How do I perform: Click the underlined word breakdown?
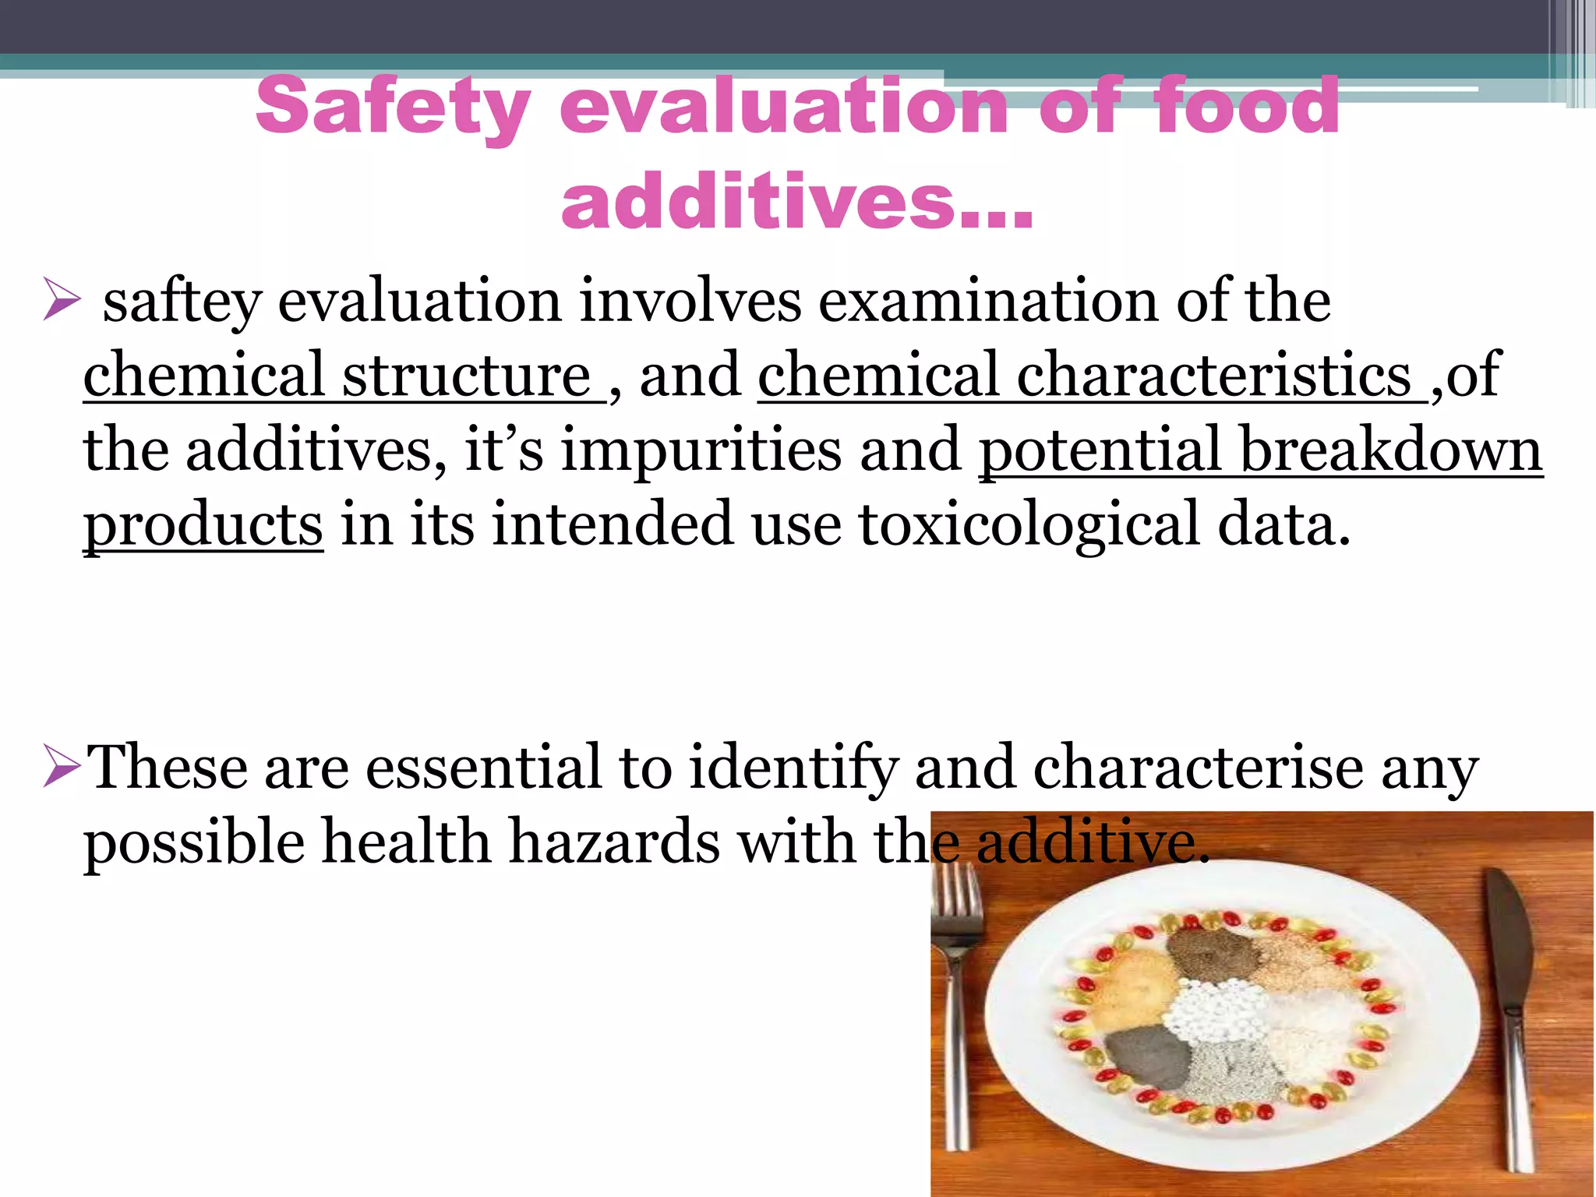[x=1391, y=450]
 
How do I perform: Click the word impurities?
[x=701, y=450]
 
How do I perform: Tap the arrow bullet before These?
[x=62, y=767]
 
